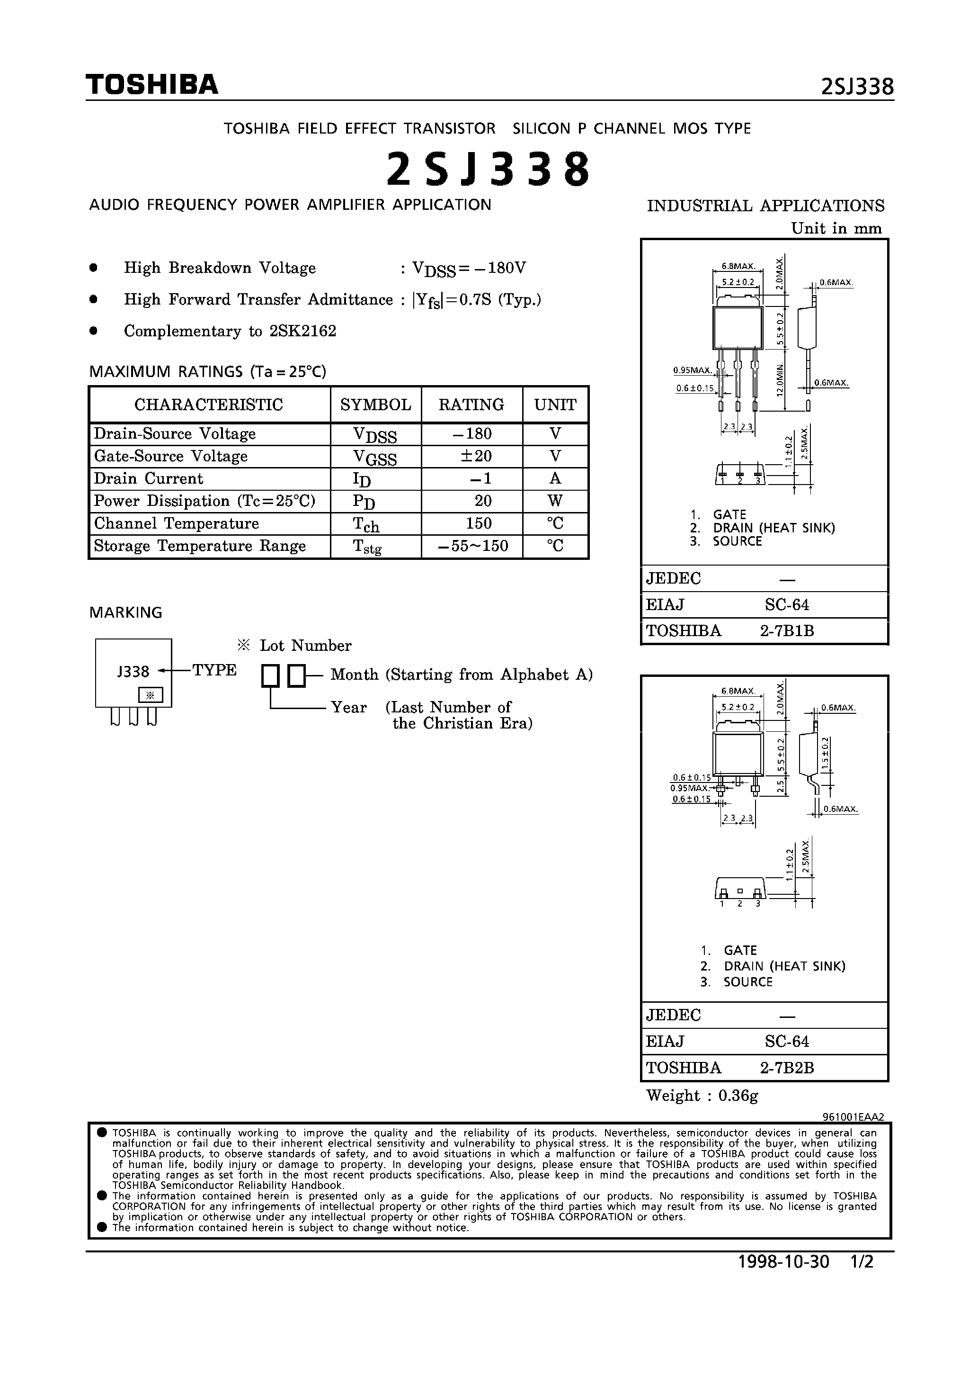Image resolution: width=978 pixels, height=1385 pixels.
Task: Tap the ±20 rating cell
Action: click(x=471, y=456)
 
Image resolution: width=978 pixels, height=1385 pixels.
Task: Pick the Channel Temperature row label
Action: click(x=176, y=523)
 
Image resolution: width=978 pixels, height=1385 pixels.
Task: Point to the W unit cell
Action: click(x=555, y=501)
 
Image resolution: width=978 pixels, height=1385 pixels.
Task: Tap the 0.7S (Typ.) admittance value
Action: click(x=500, y=299)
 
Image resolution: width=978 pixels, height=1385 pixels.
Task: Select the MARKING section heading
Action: click(x=125, y=612)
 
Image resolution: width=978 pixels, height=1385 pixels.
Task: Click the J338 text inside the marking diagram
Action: click(x=133, y=671)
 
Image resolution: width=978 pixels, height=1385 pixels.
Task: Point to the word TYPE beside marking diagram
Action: click(x=214, y=670)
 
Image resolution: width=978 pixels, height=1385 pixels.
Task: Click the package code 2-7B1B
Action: click(x=787, y=630)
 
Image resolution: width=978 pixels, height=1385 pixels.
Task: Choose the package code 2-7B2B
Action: click(x=787, y=1068)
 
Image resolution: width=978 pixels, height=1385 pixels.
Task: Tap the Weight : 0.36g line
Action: click(x=702, y=1096)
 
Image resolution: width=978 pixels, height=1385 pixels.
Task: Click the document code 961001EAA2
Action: click(x=853, y=1116)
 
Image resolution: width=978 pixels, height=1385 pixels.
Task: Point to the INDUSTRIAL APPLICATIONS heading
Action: click(x=765, y=206)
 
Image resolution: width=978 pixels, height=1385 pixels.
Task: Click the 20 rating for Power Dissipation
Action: click(x=482, y=501)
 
